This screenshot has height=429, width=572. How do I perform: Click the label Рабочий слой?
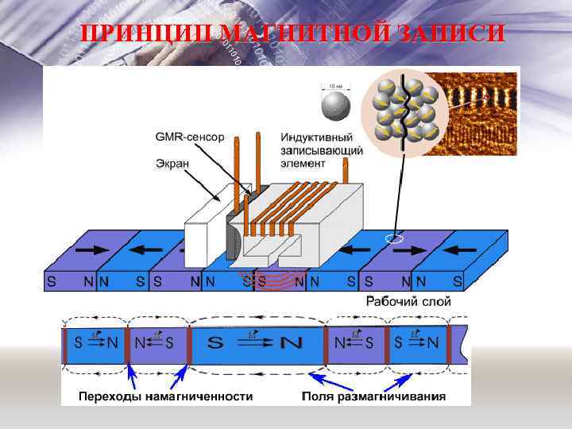coord(408,301)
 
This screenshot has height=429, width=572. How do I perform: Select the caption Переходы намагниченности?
coord(165,396)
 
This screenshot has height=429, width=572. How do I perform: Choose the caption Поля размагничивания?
coord(373,396)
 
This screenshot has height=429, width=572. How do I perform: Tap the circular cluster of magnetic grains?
coord(404,110)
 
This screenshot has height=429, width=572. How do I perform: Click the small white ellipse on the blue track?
coord(393,238)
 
